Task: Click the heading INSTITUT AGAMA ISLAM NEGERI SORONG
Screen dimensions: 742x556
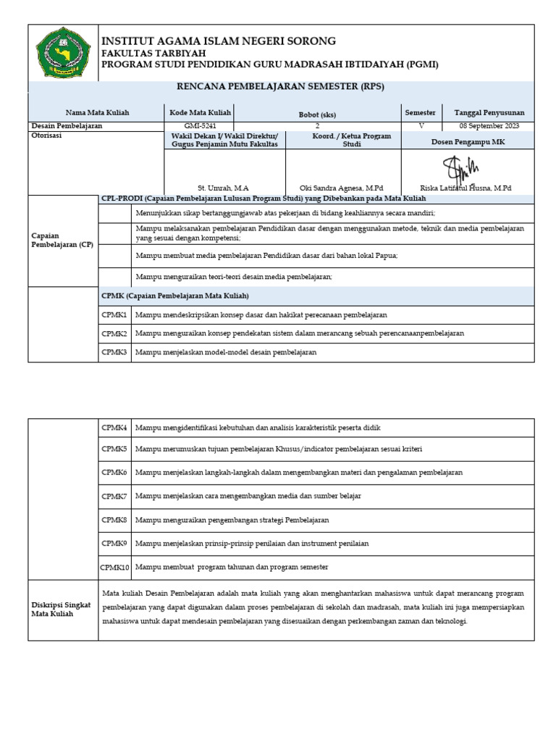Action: [218, 41]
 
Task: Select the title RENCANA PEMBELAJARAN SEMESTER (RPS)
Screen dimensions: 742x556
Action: [281, 86]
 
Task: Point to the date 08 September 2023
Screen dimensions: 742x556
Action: [489, 125]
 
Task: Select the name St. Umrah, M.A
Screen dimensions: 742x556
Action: [223, 188]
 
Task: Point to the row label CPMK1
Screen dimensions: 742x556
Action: [114, 315]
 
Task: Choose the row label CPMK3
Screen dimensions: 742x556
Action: [114, 352]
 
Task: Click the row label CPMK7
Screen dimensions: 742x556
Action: [114, 496]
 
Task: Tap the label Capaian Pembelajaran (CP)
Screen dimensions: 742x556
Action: [62, 240]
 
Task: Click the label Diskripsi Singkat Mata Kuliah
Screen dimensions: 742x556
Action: [62, 609]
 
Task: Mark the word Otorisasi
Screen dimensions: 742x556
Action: [49, 135]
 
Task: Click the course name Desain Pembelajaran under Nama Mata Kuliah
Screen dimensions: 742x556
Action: [67, 125]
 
